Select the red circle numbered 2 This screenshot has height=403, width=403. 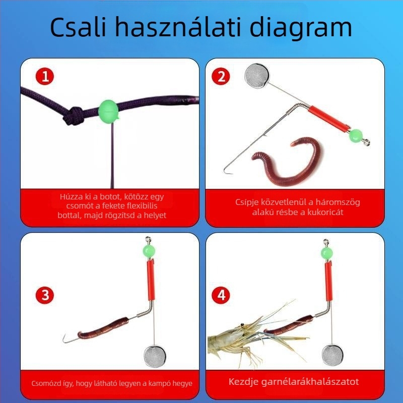[x=221, y=77]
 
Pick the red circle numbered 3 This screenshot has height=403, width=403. [x=45, y=295]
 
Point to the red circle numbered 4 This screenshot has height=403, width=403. [x=221, y=295]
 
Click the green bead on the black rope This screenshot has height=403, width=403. [x=108, y=109]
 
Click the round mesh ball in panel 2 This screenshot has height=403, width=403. [x=255, y=76]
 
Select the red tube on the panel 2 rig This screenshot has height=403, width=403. [x=329, y=117]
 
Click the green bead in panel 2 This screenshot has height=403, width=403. [x=356, y=135]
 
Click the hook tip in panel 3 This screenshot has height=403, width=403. [x=64, y=341]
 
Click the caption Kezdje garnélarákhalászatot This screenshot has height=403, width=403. [x=294, y=381]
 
